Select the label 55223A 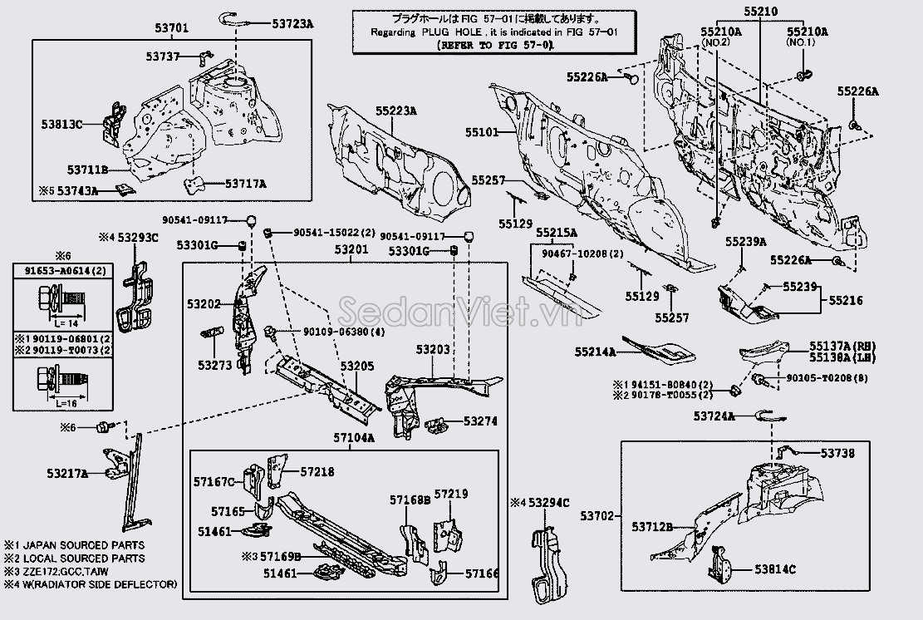pos(395,111)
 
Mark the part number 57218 pos(317,471)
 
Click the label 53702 pos(597,516)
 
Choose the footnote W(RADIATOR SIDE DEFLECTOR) pos(97,584)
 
